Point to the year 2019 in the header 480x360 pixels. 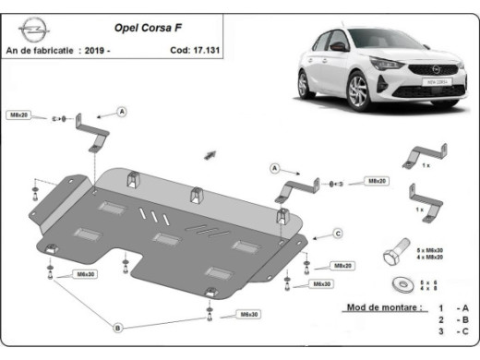click(119, 51)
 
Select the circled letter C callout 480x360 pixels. click(338, 232)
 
